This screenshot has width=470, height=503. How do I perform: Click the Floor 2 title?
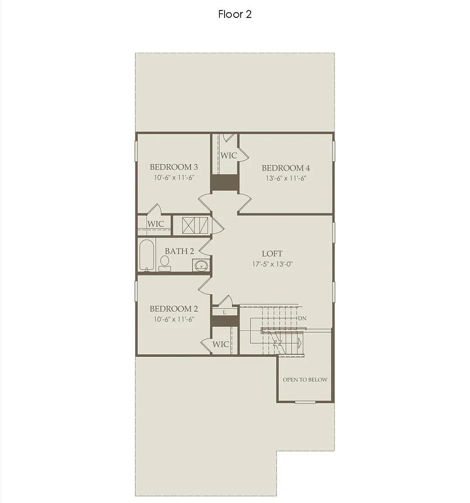235,14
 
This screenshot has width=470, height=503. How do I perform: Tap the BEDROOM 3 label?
173,167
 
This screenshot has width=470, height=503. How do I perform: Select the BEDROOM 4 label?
286,168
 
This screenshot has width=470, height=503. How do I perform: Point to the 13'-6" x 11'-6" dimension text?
286,178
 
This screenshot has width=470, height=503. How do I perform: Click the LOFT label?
272,253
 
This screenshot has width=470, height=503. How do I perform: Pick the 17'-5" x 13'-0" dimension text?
272,264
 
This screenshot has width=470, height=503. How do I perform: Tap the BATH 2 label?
180,251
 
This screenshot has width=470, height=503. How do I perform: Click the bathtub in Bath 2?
147,255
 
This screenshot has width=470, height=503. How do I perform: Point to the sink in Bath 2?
201,265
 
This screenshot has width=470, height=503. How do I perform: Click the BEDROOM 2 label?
173,309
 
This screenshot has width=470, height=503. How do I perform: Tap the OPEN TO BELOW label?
305,379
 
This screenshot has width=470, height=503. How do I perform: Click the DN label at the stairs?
302,318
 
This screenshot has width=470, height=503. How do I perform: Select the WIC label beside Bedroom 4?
229,155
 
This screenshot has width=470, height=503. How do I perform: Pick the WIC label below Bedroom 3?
156,224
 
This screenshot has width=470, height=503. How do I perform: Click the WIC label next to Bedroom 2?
221,344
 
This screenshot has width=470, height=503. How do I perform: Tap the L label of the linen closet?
225,312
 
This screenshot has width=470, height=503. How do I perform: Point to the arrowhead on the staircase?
300,344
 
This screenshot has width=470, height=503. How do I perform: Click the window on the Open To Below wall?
305,402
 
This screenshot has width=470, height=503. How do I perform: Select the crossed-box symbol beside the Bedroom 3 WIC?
195,225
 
